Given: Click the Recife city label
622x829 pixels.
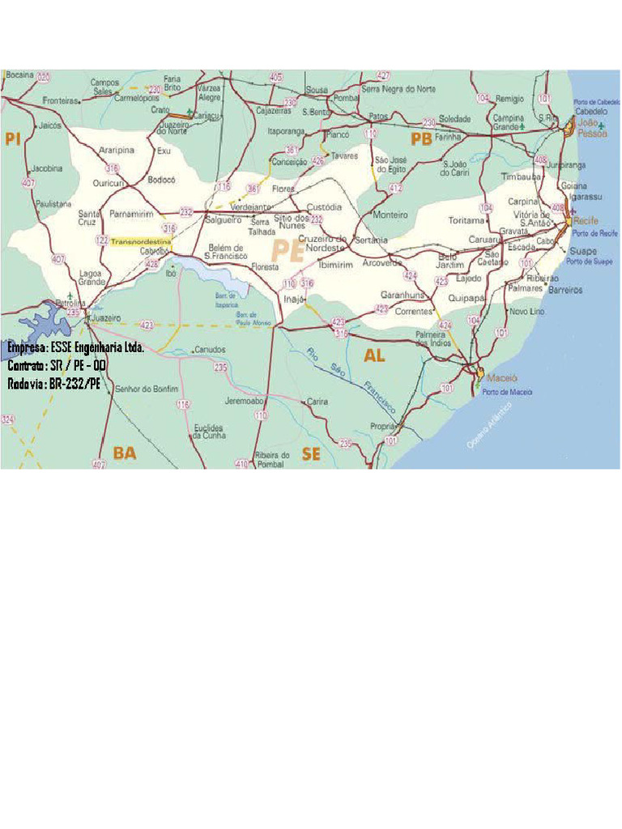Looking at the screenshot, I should point(586,220).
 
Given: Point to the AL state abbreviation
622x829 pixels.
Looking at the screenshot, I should point(374,355).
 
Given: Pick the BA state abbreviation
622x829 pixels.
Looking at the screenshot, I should point(125,453).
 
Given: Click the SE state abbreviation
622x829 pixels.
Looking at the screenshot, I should point(311,454).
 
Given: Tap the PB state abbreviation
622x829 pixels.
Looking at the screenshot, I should point(421,139).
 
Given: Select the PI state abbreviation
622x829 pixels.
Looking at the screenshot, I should point(12,139).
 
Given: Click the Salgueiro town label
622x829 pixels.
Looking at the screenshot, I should point(225,219).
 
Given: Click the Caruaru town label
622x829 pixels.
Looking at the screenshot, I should point(485,240).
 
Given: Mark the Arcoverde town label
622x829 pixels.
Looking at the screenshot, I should point(382,262).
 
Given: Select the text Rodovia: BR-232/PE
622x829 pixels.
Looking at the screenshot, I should point(55,384).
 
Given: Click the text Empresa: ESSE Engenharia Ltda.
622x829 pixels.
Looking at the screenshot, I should point(76,347).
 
